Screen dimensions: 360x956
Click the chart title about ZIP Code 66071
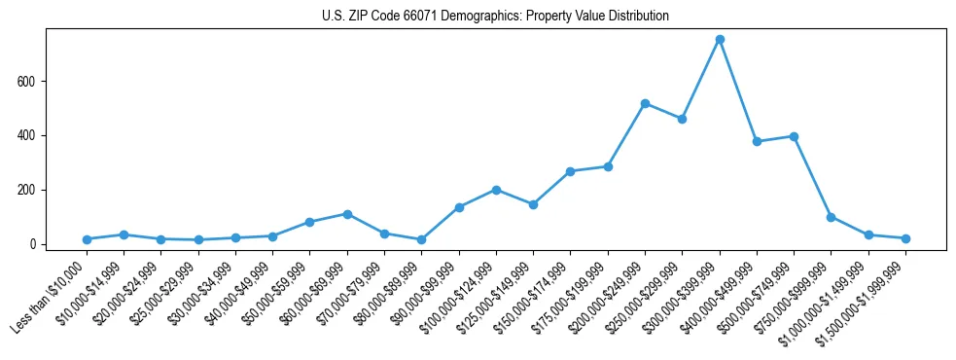click(x=495, y=17)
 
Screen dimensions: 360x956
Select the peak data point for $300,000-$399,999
click(x=720, y=40)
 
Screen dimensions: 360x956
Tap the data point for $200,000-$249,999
click(x=645, y=103)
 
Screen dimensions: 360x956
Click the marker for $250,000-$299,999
click(x=682, y=119)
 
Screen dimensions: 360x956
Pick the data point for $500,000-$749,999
click(x=794, y=136)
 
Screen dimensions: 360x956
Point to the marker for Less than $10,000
click(x=88, y=239)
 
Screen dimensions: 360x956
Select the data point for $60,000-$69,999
click(x=347, y=214)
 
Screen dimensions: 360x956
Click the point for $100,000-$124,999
click(x=496, y=190)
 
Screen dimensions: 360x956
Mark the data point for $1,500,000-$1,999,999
click(x=905, y=238)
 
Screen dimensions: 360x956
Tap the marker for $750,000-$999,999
click(x=831, y=217)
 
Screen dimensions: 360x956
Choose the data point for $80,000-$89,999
click(x=421, y=239)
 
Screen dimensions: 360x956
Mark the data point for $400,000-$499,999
click(x=757, y=141)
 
